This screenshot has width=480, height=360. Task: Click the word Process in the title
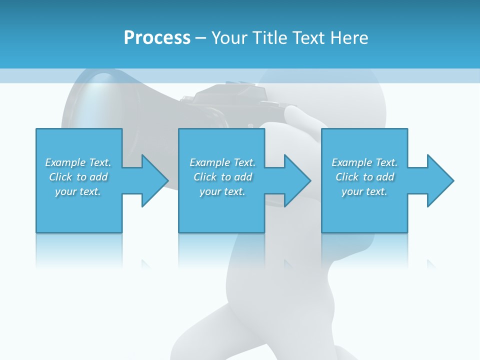click(157, 38)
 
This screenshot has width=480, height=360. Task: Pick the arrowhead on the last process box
click(439, 180)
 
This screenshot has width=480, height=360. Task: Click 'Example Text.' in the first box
click(78, 162)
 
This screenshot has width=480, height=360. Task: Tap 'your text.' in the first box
click(78, 191)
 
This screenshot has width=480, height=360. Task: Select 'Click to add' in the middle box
click(222, 177)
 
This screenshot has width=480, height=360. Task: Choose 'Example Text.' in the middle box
click(222, 162)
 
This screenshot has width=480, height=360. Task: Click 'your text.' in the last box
click(364, 191)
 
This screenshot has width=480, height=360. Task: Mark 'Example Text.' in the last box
click(364, 162)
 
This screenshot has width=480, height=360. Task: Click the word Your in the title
click(229, 38)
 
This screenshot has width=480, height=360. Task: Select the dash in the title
click(200, 38)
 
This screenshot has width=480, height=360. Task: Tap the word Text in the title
click(307, 38)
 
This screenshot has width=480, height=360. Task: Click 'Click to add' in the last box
click(364, 177)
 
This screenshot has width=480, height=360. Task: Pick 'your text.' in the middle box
click(222, 191)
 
